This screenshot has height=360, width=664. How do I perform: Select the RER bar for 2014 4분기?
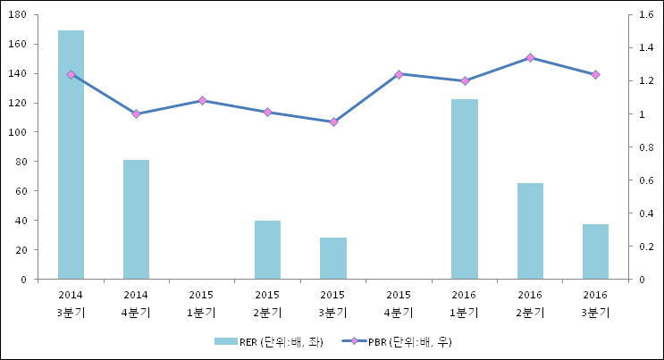136,220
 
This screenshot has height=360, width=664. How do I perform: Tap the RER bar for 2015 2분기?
267,249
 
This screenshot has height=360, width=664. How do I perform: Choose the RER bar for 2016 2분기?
530,231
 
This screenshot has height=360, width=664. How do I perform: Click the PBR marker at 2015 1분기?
202,100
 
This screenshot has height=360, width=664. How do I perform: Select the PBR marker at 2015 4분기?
399,74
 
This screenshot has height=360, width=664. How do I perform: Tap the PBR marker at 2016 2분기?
530,57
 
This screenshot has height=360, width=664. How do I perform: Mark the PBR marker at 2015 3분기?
333,121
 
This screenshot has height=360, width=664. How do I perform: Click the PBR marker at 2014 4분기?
136,113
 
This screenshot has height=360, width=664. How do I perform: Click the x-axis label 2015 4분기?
399,303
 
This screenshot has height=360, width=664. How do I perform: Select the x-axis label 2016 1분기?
465,303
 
